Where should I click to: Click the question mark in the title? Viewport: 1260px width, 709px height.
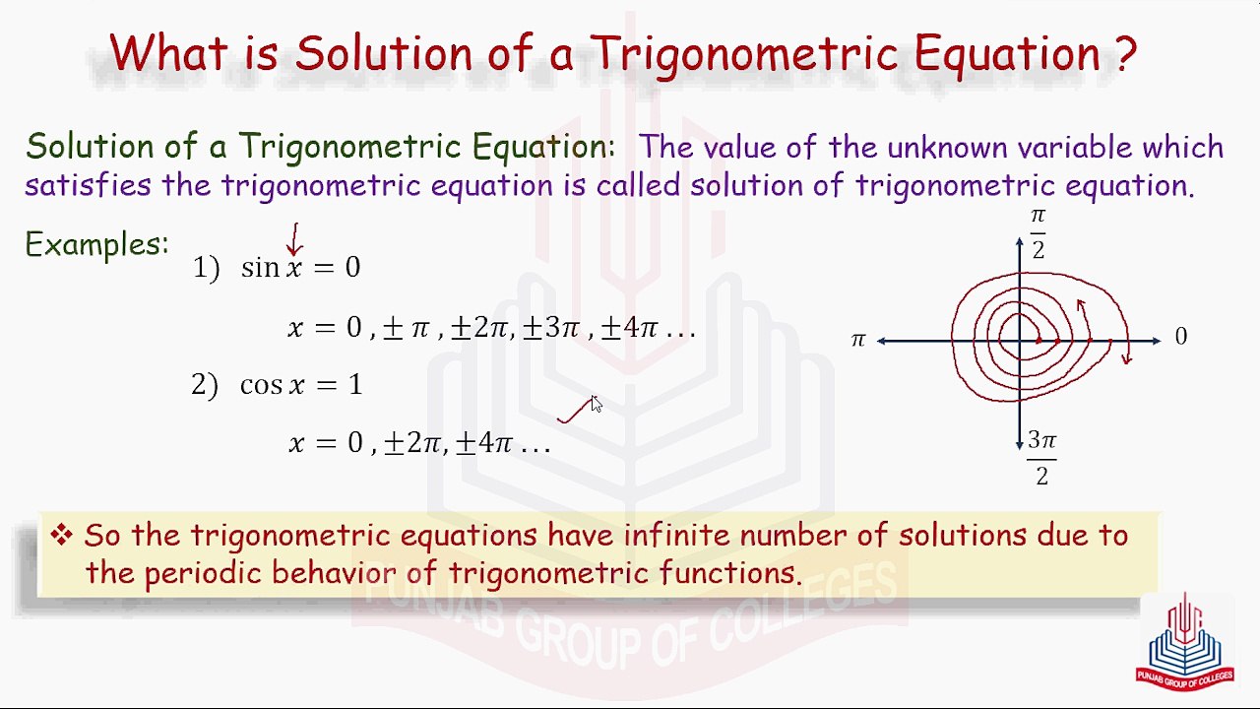pos(1126,52)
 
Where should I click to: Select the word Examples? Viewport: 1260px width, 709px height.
pos(96,244)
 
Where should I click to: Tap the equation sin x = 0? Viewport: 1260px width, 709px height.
pos(300,268)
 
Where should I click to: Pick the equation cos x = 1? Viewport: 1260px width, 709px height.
pos(300,384)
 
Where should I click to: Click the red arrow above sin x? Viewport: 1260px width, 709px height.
pos(293,239)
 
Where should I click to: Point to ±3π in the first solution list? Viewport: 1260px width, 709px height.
pos(551,328)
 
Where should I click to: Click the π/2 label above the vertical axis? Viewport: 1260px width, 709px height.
pos(1038,232)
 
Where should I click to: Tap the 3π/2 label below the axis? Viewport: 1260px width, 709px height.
pos(1041,458)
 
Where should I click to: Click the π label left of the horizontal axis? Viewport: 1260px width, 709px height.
pos(857,340)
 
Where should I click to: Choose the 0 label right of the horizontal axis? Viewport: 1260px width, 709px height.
pos(1180,338)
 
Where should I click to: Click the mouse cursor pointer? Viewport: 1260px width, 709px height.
pos(596,404)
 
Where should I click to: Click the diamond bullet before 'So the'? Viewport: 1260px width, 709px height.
pos(62,535)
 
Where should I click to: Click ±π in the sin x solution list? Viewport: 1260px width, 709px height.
pos(406,328)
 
